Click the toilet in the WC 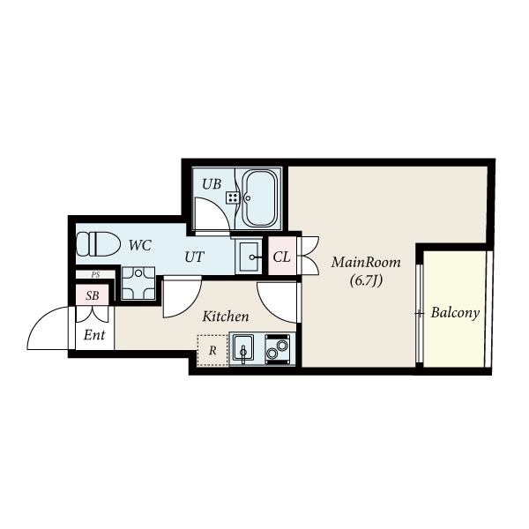click(98, 243)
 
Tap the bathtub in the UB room click(260, 199)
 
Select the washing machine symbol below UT click(138, 283)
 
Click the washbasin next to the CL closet click(249, 256)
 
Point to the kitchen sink click(243, 349)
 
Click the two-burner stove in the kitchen click(278, 349)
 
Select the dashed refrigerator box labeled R click(212, 350)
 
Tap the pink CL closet click(282, 257)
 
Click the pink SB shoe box click(93, 294)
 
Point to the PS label click(95, 274)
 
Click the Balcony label click(455, 313)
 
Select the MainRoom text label click(366, 262)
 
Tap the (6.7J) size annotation click(367, 280)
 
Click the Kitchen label click(226, 317)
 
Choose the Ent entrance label click(94, 335)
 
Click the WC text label click(140, 245)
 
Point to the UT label click(195, 257)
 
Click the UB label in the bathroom click(212, 184)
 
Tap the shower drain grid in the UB click(233, 197)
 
